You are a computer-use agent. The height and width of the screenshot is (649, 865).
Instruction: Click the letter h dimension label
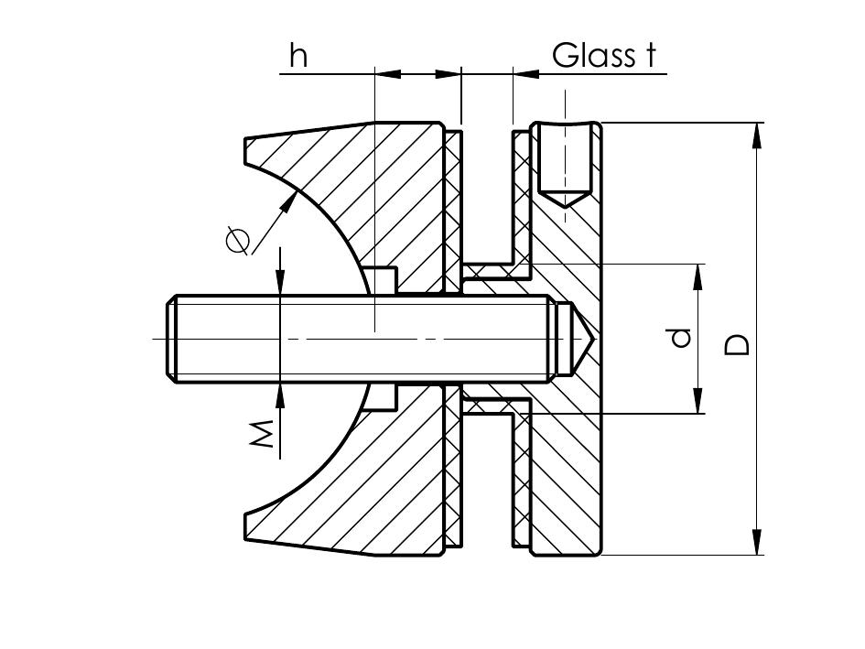[298, 56]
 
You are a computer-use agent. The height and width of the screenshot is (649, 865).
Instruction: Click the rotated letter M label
[264, 434]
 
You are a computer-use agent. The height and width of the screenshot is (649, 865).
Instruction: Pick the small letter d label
[679, 339]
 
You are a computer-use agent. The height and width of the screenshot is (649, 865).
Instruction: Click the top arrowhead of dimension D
[757, 134]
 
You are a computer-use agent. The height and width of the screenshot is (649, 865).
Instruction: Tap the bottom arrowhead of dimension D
[757, 544]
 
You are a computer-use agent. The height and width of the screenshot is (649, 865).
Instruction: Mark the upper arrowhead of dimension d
[698, 275]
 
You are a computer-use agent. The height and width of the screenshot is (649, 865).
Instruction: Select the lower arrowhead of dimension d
[698, 403]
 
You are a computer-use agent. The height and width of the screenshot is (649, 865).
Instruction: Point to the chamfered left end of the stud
[171, 339]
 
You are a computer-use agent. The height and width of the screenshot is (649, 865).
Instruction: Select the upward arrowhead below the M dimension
[280, 394]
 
